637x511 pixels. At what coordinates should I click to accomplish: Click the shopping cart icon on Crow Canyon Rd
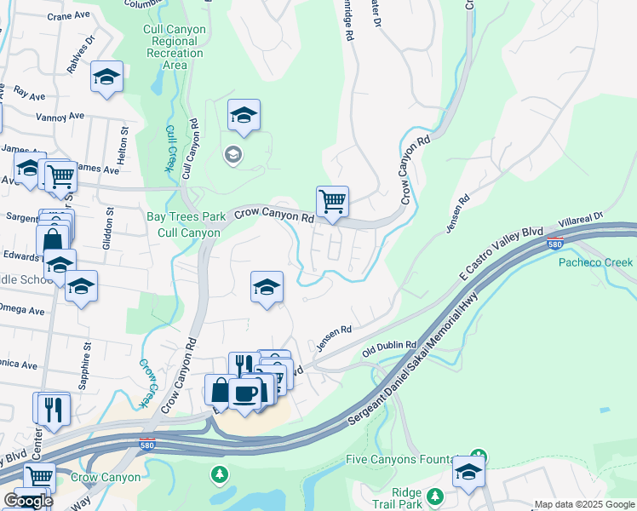(x=332, y=203)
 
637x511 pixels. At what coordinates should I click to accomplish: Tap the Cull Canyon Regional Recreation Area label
(x=175, y=47)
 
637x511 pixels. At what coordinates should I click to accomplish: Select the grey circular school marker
(x=231, y=154)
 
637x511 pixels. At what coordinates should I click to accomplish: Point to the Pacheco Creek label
(x=595, y=262)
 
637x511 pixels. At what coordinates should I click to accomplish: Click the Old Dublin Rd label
(x=388, y=347)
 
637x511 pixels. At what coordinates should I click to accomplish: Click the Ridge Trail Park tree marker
(x=435, y=496)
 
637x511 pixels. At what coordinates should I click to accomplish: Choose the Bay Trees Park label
(x=186, y=216)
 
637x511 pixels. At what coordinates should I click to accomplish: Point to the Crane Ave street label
(x=71, y=16)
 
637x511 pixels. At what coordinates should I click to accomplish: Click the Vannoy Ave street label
(x=59, y=116)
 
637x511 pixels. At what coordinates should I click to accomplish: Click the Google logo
(x=28, y=501)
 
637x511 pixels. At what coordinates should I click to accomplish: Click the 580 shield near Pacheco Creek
(x=554, y=242)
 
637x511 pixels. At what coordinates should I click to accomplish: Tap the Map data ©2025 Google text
(x=583, y=504)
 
